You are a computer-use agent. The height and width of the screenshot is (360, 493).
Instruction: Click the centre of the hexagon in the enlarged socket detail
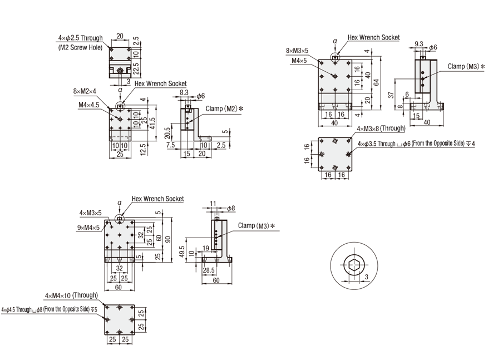tap(354, 264)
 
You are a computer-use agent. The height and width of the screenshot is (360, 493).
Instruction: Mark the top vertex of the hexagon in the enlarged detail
tap(354, 258)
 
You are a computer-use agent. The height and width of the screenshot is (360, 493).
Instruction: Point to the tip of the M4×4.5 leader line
tap(120, 119)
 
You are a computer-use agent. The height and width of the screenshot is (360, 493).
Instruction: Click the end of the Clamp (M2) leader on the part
tap(188, 122)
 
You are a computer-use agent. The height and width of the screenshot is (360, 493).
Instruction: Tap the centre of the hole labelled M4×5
tap(335, 76)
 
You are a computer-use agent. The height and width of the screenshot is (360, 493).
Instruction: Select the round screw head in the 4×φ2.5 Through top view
tap(120, 71)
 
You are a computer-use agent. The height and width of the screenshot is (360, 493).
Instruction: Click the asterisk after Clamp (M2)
tap(241, 109)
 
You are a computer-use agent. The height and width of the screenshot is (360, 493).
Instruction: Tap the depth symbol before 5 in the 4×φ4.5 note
tap(93, 310)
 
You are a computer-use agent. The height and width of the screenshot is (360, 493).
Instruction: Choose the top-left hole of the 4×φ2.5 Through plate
tap(111, 49)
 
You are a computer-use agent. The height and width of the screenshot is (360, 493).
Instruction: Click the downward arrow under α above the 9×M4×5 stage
tap(120, 211)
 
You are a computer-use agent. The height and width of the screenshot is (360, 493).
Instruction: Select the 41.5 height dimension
tap(152, 123)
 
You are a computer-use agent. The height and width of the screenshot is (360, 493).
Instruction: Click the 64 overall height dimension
tap(376, 82)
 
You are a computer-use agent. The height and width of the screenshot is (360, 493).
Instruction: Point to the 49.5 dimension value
tap(182, 251)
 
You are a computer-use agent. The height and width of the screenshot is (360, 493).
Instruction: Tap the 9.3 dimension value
tap(419, 44)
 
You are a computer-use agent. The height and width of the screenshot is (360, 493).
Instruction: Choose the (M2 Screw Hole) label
tap(81, 47)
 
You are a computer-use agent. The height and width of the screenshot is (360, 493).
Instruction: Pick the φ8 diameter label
tap(231, 208)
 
